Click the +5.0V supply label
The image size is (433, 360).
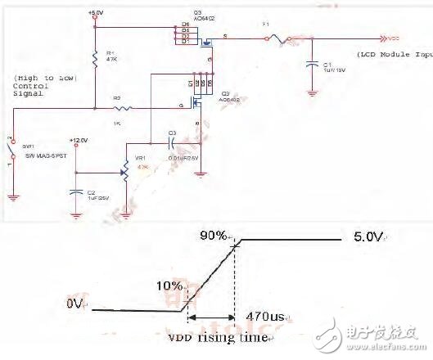(x=95, y=14)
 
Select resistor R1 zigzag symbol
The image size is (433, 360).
(x=96, y=57)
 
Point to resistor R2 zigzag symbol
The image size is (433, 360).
(x=123, y=106)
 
